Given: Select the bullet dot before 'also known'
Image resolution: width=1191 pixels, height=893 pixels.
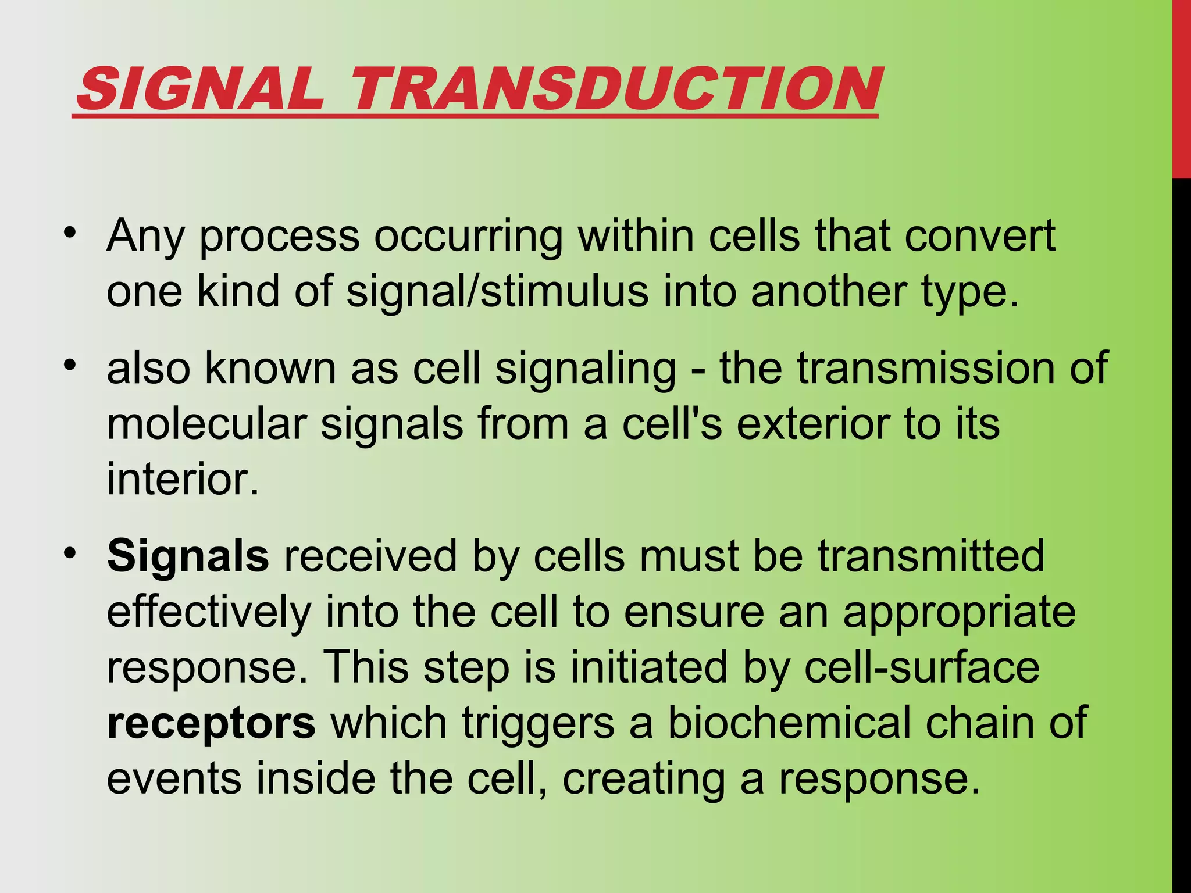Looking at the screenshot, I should point(70,365).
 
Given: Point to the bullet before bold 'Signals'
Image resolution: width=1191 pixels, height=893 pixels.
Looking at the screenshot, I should point(70,553).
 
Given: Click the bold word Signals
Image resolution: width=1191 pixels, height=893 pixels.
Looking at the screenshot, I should point(188,556).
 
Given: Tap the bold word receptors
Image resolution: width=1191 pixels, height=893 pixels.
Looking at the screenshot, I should point(211,723).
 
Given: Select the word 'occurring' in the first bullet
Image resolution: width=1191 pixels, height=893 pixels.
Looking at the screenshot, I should point(468,237).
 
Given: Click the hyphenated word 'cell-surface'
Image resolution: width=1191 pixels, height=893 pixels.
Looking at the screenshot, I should point(922,667).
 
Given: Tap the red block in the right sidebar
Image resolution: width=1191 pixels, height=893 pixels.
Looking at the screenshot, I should point(1181,87).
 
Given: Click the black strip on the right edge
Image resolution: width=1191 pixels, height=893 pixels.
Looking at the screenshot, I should point(1181,523).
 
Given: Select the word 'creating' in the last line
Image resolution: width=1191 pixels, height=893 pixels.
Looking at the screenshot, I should point(643,779).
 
